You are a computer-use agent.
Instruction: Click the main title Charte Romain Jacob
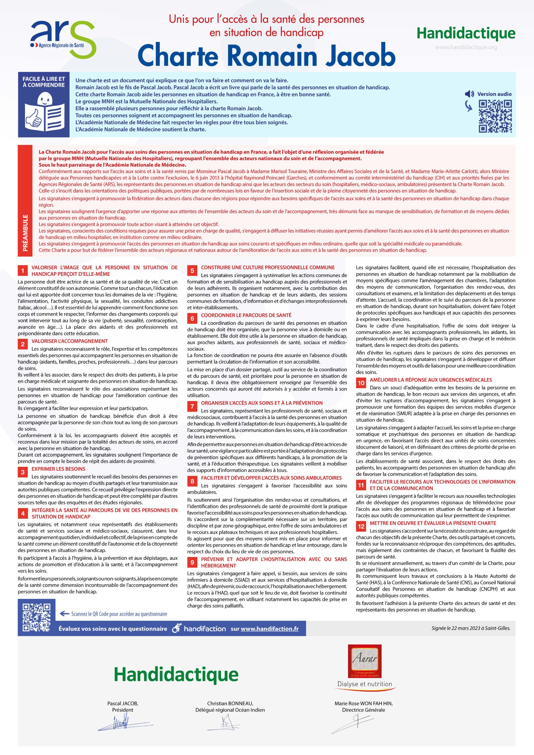pyautogui.click(x=266, y=55)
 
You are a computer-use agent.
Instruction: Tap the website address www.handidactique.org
pyautogui.click(x=466, y=47)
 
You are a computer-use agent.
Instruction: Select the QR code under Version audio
pyautogui.click(x=495, y=116)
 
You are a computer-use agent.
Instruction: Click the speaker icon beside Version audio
pyautogui.click(x=469, y=94)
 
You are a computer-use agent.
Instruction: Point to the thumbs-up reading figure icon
pyautogui.click(x=44, y=112)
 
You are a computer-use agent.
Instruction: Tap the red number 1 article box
pyautogui.click(x=23, y=271)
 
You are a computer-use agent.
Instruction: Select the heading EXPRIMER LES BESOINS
pyautogui.click(x=58, y=469)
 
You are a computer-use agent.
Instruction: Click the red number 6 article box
pyautogui.click(x=192, y=318)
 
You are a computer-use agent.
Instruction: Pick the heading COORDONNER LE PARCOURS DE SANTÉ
pyautogui.click(x=246, y=315)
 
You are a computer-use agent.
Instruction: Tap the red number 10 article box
pyautogui.click(x=361, y=383)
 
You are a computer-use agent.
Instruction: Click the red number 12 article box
pyautogui.click(x=361, y=526)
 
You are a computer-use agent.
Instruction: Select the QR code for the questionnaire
pyautogui.click(x=37, y=618)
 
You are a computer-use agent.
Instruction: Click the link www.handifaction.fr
pyautogui.click(x=270, y=629)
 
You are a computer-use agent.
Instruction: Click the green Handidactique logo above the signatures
pyautogui.click(x=176, y=674)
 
